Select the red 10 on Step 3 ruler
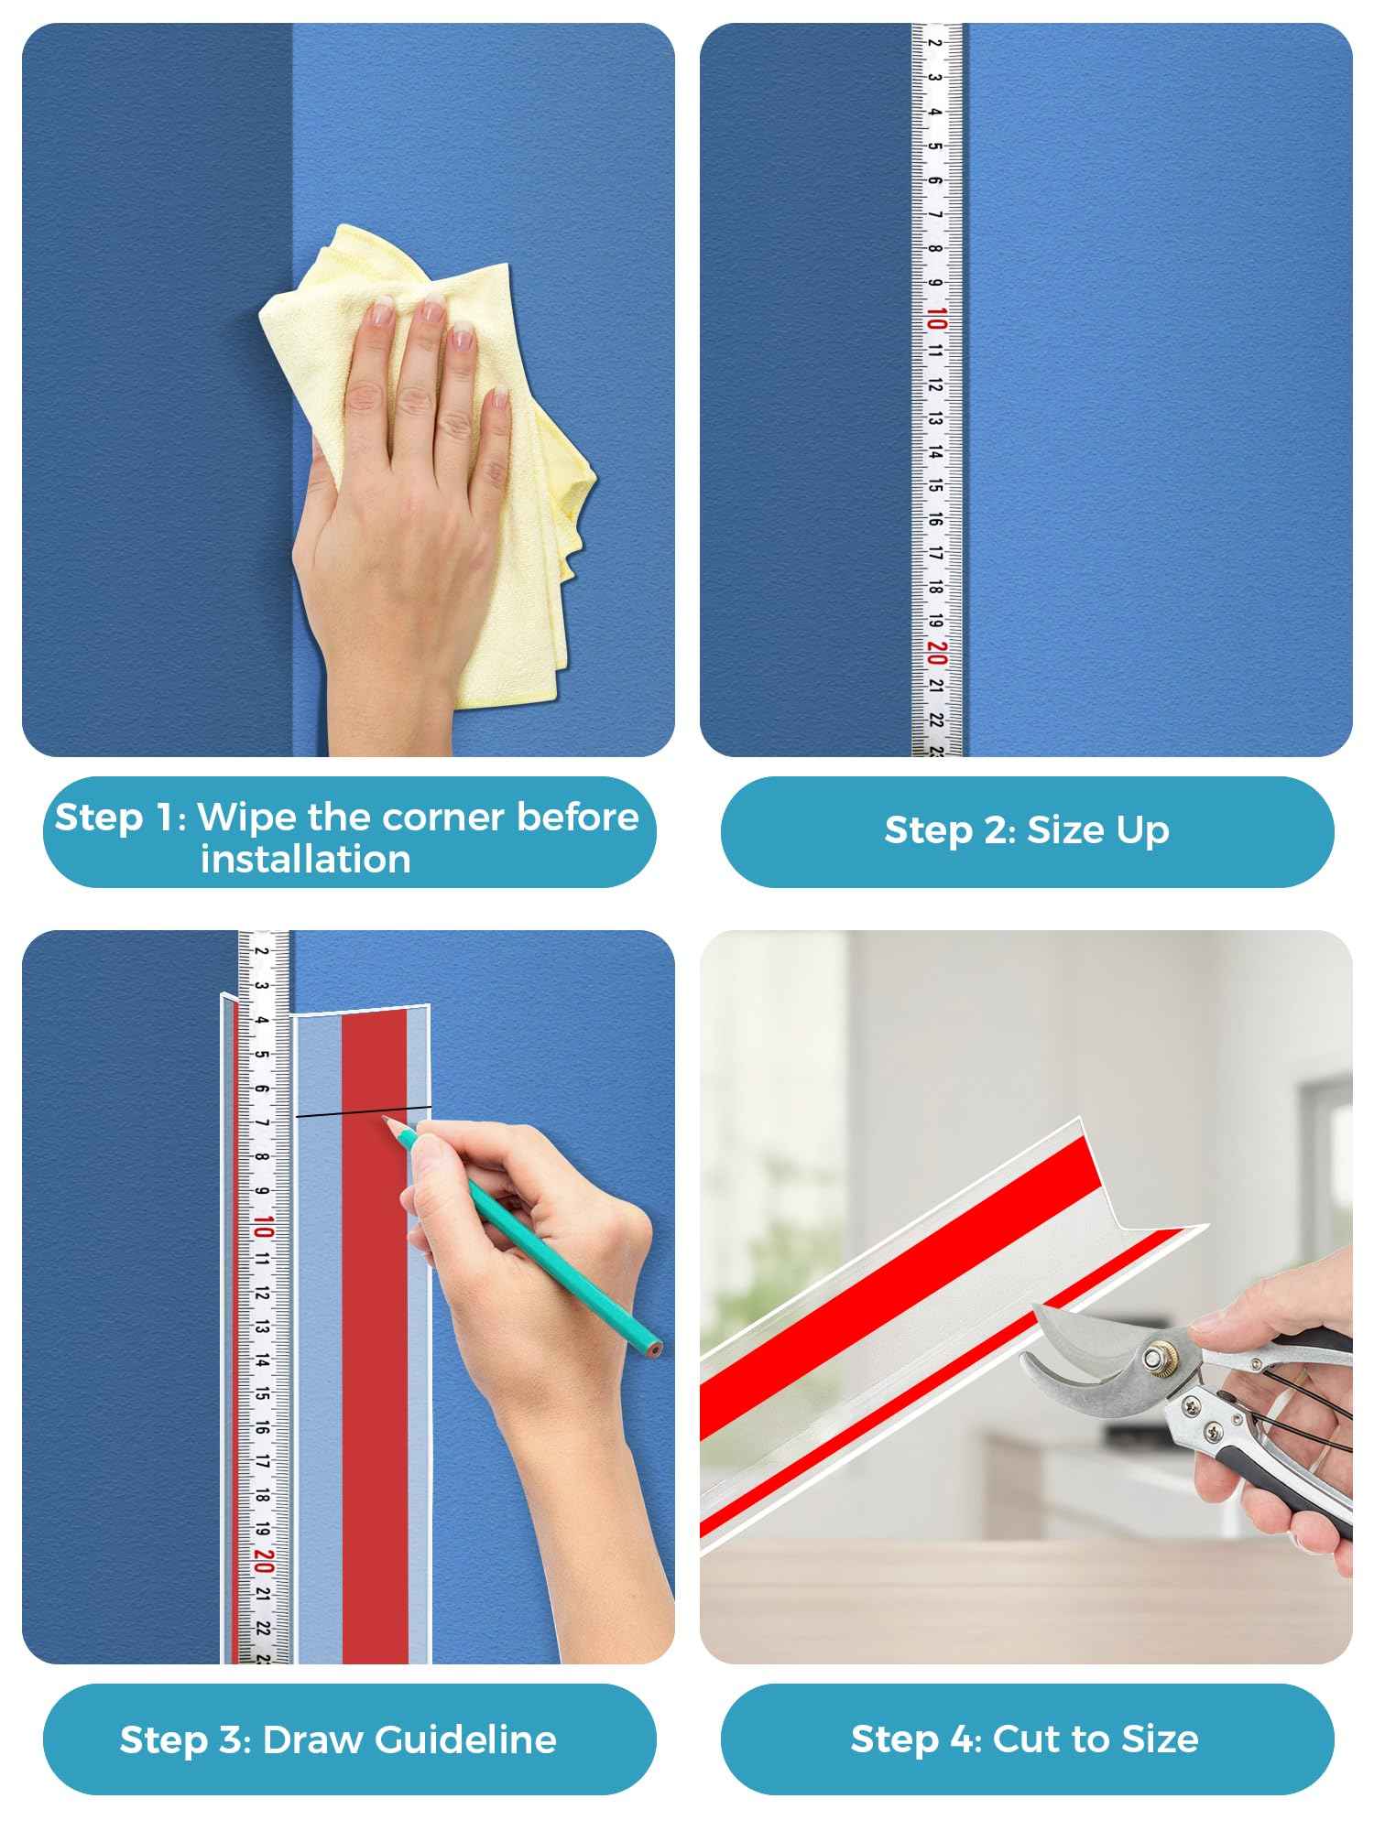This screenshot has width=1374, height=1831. point(264,1227)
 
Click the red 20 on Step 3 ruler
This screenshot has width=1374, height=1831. point(264,1559)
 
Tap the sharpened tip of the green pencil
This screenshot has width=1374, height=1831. point(385,1118)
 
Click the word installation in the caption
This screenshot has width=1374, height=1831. point(306,860)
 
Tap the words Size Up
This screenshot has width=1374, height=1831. point(1097,830)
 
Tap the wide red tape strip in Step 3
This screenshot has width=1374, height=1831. point(375,1373)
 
